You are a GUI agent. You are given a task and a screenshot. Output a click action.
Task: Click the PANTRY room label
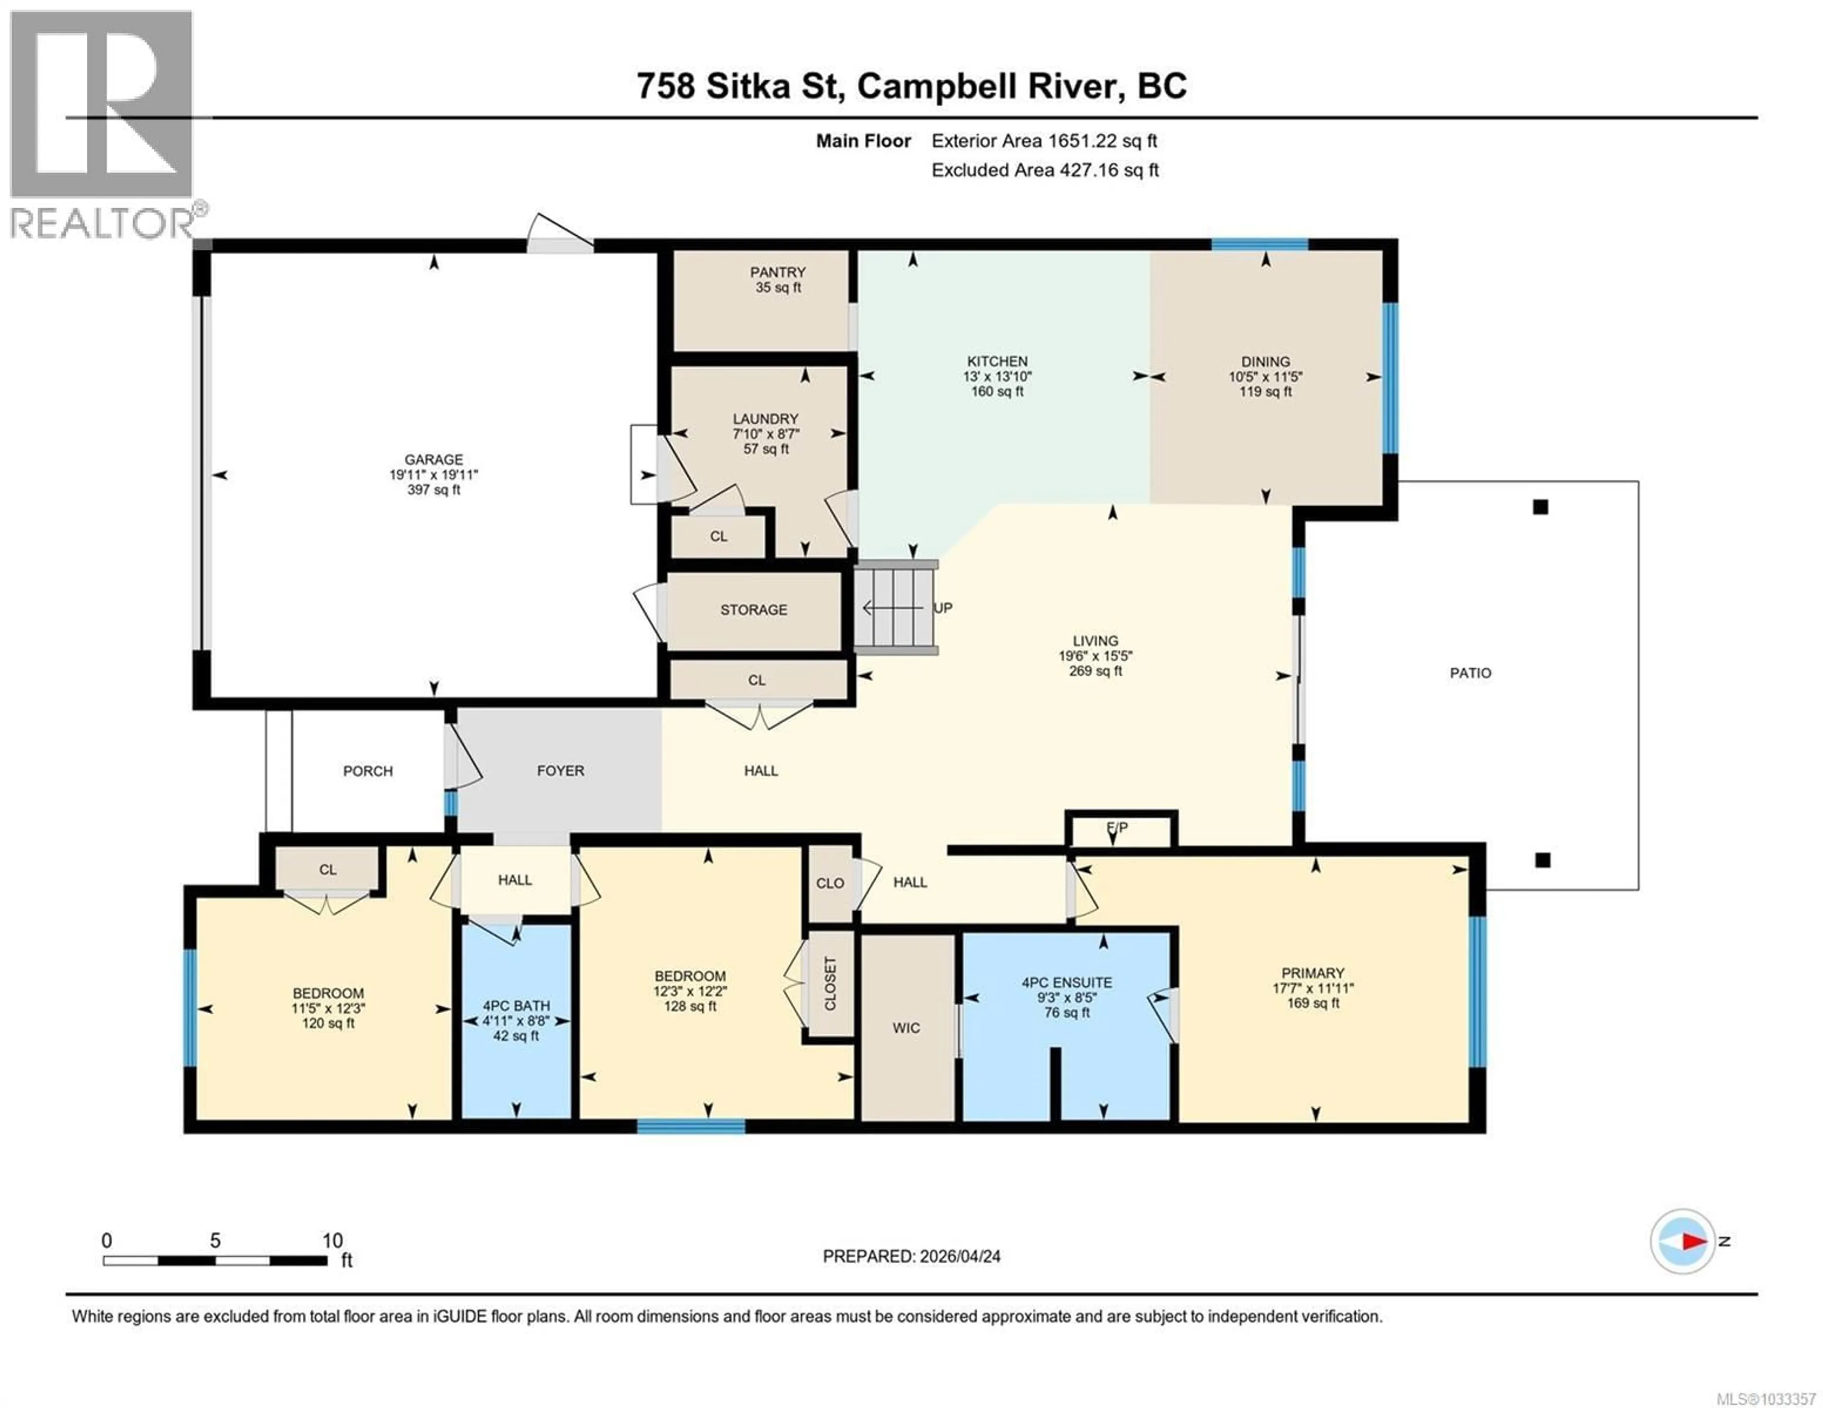coord(777,272)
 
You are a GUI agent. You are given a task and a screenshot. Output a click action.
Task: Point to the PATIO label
coord(1470,673)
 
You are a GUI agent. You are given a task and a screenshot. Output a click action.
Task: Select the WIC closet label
coord(906,1027)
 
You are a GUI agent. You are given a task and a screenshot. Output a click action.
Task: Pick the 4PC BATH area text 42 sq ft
coord(516,1036)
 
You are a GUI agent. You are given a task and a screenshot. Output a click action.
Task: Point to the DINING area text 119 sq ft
coord(1265,392)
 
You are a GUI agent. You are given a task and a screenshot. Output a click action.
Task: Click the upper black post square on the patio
coord(1541,507)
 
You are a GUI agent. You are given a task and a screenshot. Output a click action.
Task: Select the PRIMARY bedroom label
coord(1313,973)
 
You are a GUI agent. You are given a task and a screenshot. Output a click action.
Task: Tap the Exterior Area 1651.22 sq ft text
coord(1044,141)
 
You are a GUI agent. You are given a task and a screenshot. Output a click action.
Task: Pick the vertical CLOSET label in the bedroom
coord(830,983)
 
